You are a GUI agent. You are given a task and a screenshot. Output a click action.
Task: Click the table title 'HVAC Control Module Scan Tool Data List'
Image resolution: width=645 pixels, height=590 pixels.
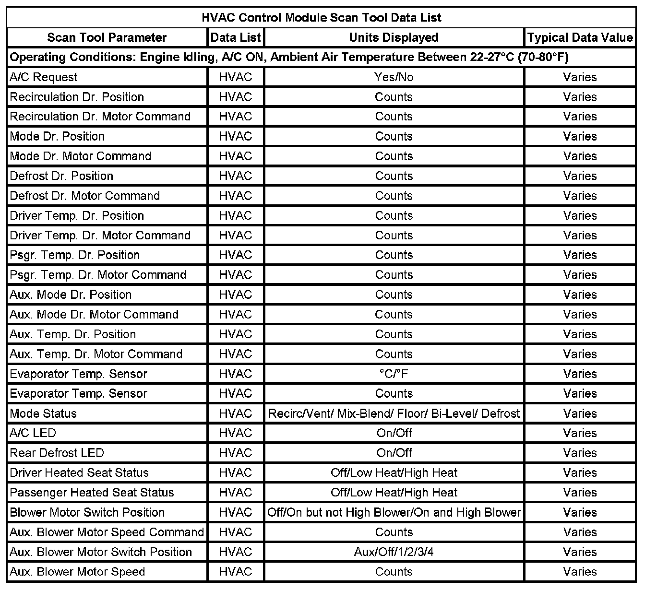click(321, 18)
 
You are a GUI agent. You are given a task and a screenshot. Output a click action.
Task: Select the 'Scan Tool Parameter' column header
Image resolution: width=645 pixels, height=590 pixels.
click(107, 37)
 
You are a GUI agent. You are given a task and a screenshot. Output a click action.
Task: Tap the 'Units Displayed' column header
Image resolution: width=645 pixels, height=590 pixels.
click(394, 37)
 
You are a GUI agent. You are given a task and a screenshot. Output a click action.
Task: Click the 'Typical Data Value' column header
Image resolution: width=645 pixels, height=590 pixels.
click(580, 37)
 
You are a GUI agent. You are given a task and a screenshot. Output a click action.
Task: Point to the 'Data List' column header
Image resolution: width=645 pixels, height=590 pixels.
click(236, 37)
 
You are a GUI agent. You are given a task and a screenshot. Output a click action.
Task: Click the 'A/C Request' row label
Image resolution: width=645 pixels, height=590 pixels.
click(44, 77)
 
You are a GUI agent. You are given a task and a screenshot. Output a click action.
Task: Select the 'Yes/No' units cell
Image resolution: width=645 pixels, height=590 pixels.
click(394, 77)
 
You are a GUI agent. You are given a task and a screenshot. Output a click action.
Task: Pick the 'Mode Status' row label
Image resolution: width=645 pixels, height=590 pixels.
click(43, 413)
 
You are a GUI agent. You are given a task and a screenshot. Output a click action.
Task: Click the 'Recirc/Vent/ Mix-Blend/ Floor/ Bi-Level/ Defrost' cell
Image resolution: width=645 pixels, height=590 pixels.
click(394, 413)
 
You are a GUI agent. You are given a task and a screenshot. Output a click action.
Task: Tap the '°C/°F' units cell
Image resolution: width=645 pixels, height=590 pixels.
click(394, 374)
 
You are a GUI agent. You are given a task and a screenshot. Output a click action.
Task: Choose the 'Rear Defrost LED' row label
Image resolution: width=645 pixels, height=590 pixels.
click(57, 453)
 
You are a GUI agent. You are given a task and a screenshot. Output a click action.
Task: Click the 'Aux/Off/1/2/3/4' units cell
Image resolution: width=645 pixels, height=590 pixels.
click(394, 552)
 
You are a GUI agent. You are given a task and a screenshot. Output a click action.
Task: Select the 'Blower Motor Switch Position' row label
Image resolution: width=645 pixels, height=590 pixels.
click(87, 512)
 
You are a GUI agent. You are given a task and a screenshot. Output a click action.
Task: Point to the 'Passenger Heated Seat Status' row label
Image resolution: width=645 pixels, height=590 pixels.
click(92, 493)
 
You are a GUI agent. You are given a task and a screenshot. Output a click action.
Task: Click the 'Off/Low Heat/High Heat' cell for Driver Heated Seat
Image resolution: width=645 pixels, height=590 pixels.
click(394, 472)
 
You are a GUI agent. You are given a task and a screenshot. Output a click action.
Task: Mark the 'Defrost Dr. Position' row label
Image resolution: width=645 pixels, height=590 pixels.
click(61, 176)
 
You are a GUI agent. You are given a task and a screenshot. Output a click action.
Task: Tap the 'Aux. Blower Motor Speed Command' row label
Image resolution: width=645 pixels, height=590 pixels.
click(107, 532)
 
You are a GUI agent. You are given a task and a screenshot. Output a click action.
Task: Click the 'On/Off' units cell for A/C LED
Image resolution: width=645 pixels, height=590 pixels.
click(394, 433)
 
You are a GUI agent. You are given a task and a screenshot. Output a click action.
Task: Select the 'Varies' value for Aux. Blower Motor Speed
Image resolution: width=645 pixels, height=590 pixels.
click(580, 572)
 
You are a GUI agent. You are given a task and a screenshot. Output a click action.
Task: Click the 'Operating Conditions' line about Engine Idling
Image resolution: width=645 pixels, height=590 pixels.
click(289, 58)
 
